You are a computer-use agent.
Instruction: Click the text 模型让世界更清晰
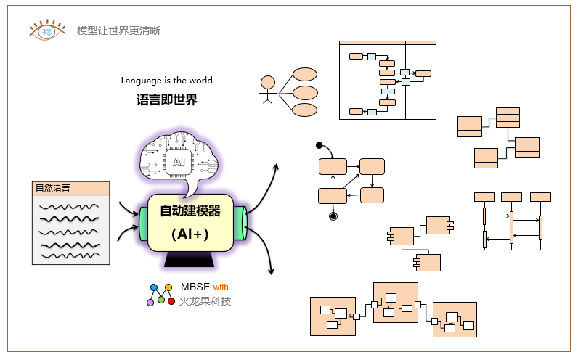coord(118,30)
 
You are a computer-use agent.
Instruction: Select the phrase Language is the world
coord(166,81)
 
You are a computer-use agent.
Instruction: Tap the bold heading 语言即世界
coord(166,99)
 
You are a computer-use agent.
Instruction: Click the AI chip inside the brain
coord(179,162)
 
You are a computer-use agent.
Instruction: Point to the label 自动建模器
coord(190,211)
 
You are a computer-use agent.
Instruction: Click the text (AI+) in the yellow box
coord(190,234)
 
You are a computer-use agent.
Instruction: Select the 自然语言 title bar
coord(71,188)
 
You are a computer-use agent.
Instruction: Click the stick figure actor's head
coord(267,82)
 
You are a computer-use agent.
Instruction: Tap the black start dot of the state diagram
coord(319,144)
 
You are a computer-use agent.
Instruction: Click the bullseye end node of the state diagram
coord(333,216)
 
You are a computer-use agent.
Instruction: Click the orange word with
coord(221,287)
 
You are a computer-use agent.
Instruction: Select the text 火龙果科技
coord(205,301)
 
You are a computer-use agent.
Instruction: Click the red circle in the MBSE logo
coord(171,301)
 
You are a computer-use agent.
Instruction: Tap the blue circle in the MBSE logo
coord(154,287)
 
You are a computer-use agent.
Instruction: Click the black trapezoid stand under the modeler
coord(190,259)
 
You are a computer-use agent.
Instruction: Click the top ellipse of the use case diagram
coord(305,75)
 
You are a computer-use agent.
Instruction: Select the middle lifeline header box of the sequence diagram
coord(511,197)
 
